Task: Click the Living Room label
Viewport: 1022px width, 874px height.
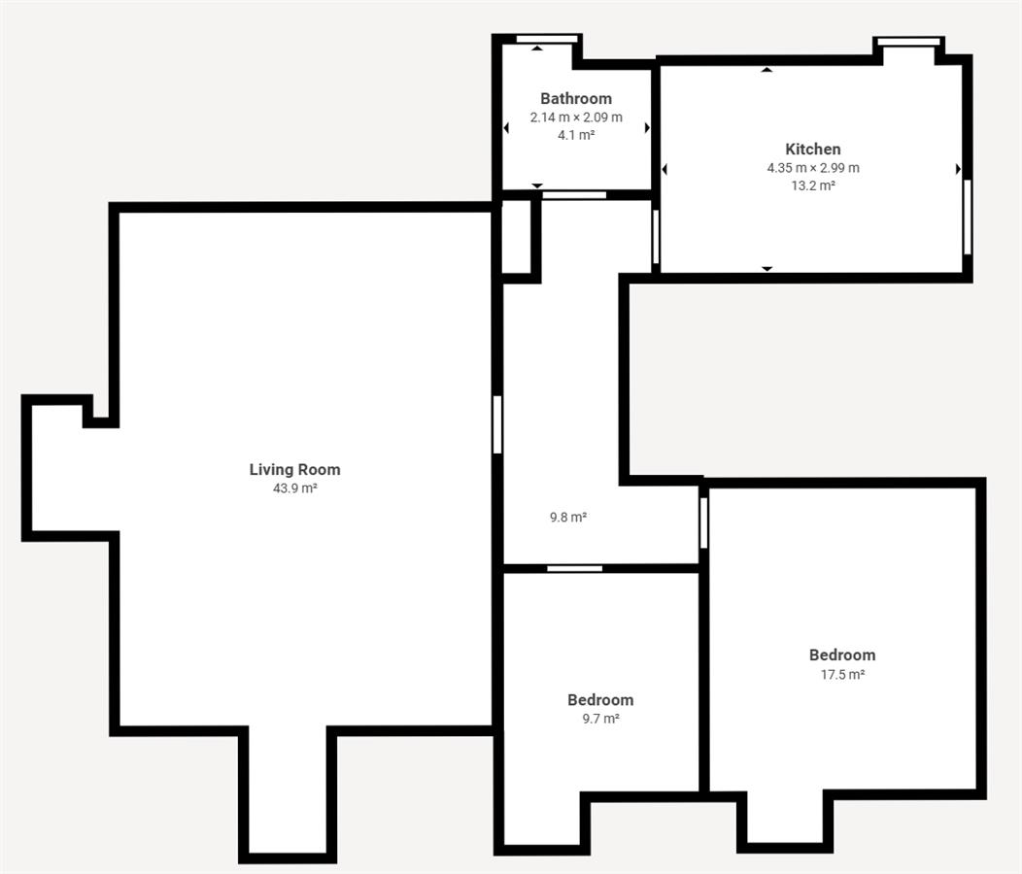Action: (x=294, y=469)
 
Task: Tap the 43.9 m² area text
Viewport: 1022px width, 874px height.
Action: (x=294, y=488)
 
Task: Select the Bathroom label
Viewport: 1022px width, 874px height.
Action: (x=576, y=98)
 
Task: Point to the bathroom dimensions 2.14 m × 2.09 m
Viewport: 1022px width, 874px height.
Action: (x=576, y=118)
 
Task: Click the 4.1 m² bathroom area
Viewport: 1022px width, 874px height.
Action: (x=576, y=135)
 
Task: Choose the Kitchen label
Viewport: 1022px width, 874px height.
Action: (x=813, y=149)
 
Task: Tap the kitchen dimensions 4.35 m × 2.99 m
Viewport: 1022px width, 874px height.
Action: (x=813, y=167)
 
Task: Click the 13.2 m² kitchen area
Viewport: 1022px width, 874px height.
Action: (x=813, y=185)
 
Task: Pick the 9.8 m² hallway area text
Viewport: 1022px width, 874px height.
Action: (x=568, y=518)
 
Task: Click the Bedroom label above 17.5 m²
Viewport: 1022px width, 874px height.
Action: (x=842, y=655)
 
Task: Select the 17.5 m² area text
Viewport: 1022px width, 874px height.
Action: (x=842, y=675)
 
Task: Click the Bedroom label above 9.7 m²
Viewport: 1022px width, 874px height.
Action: (x=600, y=700)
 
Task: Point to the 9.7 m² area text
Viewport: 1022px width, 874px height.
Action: (x=600, y=719)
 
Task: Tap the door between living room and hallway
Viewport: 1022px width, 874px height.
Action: (x=497, y=424)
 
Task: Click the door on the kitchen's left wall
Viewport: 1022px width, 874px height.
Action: (x=656, y=236)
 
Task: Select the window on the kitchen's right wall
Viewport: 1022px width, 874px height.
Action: (x=968, y=217)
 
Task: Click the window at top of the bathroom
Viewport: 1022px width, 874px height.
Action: (x=547, y=39)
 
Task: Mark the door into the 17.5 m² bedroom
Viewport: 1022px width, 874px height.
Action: (x=704, y=522)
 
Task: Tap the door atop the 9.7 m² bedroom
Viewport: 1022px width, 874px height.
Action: (x=574, y=569)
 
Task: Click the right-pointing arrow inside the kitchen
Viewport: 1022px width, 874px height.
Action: (x=958, y=169)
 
